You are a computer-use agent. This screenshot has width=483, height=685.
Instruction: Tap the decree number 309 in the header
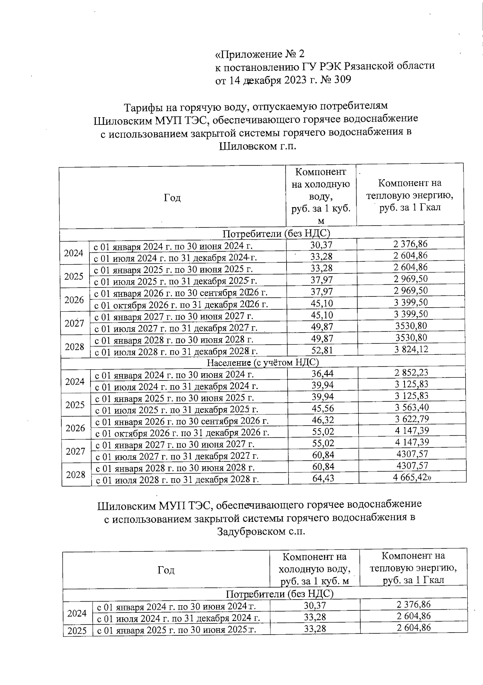click(343, 80)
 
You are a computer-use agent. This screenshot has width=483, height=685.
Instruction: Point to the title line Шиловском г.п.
click(258, 146)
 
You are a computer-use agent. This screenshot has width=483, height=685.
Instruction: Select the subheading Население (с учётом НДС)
click(263, 362)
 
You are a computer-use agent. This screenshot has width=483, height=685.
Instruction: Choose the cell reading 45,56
click(323, 409)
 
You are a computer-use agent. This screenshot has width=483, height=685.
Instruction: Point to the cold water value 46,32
click(323, 420)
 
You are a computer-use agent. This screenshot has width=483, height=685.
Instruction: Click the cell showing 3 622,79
click(411, 420)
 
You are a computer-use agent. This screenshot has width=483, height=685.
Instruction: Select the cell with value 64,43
click(323, 478)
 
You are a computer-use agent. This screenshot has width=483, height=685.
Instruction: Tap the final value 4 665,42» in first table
click(412, 478)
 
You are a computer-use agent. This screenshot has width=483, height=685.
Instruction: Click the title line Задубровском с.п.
click(261, 532)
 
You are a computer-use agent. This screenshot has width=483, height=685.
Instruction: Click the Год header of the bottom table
click(166, 570)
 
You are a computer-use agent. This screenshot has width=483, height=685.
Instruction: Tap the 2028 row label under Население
click(76, 474)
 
